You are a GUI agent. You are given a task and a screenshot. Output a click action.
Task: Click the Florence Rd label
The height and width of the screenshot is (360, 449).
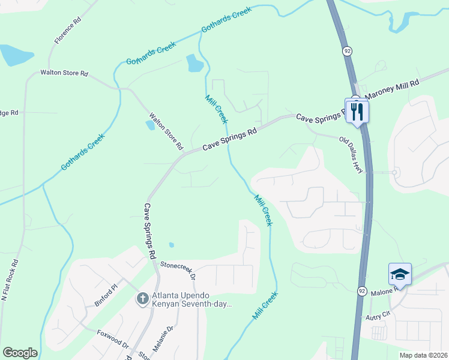click(68, 31)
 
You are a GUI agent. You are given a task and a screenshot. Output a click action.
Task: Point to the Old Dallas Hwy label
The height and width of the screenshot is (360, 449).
click(352, 155)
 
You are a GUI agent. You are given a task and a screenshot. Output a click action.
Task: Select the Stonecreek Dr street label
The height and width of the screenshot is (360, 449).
click(178, 269)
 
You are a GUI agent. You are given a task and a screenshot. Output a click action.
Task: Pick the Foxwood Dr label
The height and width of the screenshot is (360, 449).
click(112, 340)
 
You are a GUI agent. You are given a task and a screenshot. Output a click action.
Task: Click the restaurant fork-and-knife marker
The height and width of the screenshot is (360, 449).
click(357, 110)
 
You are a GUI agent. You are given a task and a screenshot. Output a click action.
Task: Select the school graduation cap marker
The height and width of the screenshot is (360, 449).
click(400, 275)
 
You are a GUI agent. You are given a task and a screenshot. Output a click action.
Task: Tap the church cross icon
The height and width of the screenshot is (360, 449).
click(142, 298)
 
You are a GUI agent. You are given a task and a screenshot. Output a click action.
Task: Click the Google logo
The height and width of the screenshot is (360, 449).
click(20, 353)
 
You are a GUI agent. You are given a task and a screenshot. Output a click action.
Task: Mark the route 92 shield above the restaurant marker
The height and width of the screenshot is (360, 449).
click(348, 51)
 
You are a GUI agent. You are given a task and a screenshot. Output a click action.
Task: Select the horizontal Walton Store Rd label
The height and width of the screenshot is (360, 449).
click(64, 73)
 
